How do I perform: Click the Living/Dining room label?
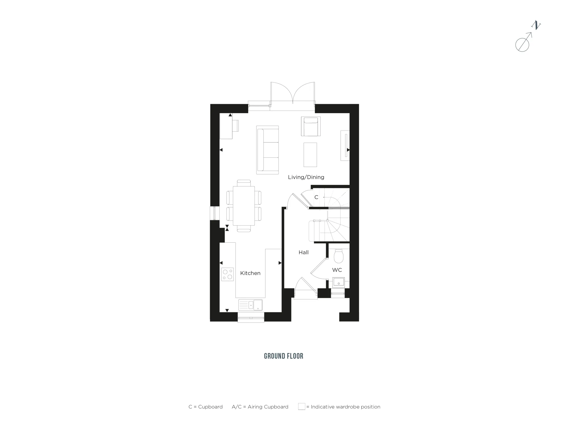[306, 177]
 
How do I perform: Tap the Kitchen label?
[250, 273]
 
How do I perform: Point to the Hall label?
[304, 252]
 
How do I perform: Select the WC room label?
[337, 270]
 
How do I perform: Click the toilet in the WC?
[339, 256]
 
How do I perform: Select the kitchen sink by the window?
[251, 305]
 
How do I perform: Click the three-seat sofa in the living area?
[267, 150]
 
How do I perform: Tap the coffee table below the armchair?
[310, 155]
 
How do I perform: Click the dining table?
[244, 205]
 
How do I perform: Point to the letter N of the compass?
[536, 26]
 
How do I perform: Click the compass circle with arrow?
[522, 45]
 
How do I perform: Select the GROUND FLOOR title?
[284, 356]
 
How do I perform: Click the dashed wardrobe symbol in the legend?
[302, 406]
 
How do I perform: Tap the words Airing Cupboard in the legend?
[268, 407]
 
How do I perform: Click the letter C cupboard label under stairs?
[316, 197]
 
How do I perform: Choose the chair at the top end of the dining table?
[244, 183]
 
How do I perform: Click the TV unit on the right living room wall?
[345, 145]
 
